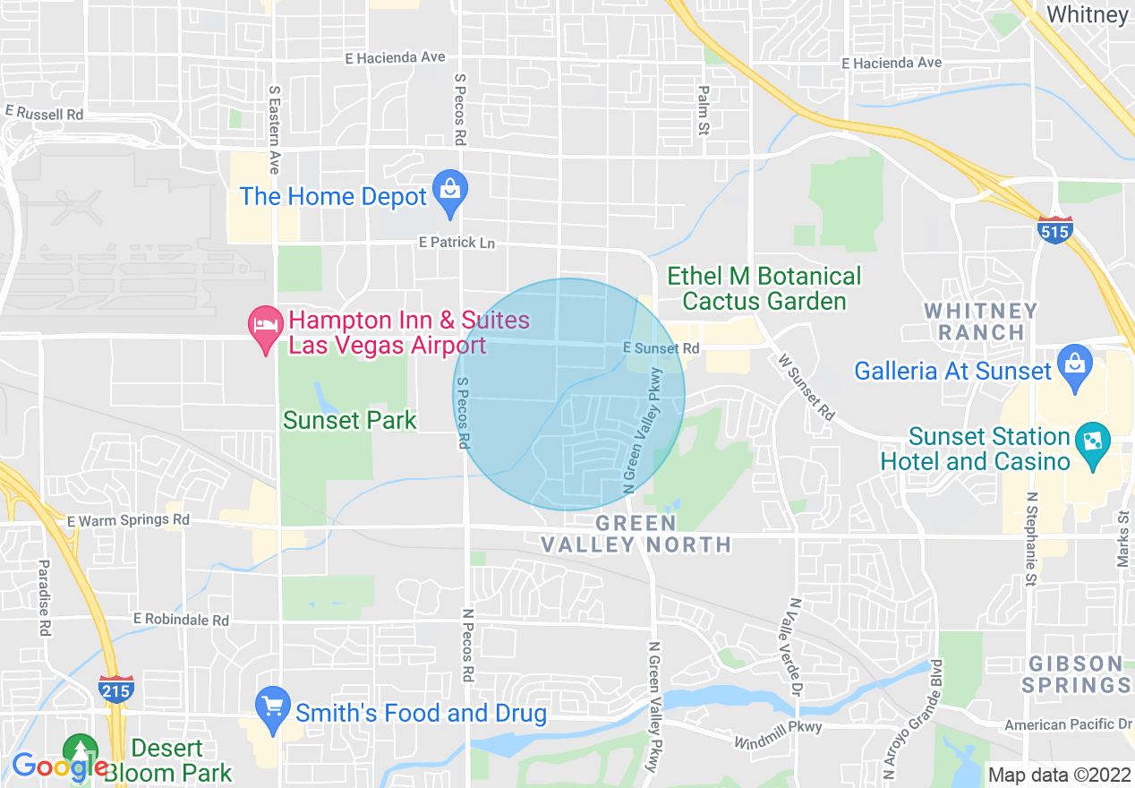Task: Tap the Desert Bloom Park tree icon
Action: point(81,750)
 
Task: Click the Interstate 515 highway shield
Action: point(1056,230)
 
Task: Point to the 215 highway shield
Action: point(116,689)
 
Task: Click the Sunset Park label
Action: point(350,420)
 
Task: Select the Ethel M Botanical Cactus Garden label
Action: point(764,288)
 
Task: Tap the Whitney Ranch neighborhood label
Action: point(981,321)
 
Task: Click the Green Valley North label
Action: point(636,534)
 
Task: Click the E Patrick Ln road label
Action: point(457,243)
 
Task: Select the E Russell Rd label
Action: point(44,114)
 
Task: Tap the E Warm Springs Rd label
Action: point(128,519)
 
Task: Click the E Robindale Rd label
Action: point(181,620)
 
